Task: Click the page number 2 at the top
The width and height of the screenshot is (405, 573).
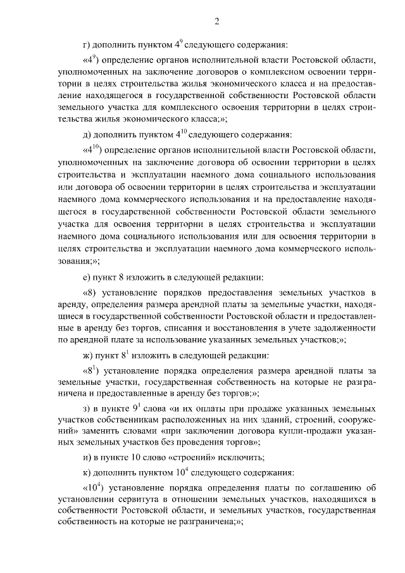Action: coord(216,23)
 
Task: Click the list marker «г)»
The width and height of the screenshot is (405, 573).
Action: coord(87,45)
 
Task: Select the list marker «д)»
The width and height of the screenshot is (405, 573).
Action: coord(87,135)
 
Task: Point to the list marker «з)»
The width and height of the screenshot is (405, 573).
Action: coord(87,407)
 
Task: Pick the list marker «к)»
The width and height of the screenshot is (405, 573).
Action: coord(87,472)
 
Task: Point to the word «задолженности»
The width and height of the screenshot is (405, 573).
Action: coord(344,328)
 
